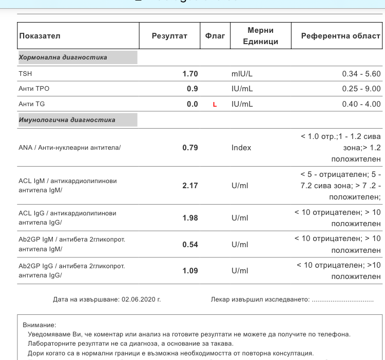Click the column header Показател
point(40,36)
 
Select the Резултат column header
point(169,36)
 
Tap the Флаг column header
point(215,36)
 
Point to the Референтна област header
point(340,36)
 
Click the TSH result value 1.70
point(190,74)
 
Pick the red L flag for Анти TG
point(215,105)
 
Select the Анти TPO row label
point(34,89)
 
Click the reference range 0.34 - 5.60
point(361,74)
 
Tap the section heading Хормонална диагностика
point(63,57)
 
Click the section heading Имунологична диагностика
point(67,120)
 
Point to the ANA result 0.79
point(190,148)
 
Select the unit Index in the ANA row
point(241,148)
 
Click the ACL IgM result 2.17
point(190,186)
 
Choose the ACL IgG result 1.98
point(190,218)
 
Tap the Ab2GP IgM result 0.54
point(190,245)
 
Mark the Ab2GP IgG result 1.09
point(190,271)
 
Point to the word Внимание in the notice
point(39,325)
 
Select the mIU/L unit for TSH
point(242,74)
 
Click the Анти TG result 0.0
point(192,104)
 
